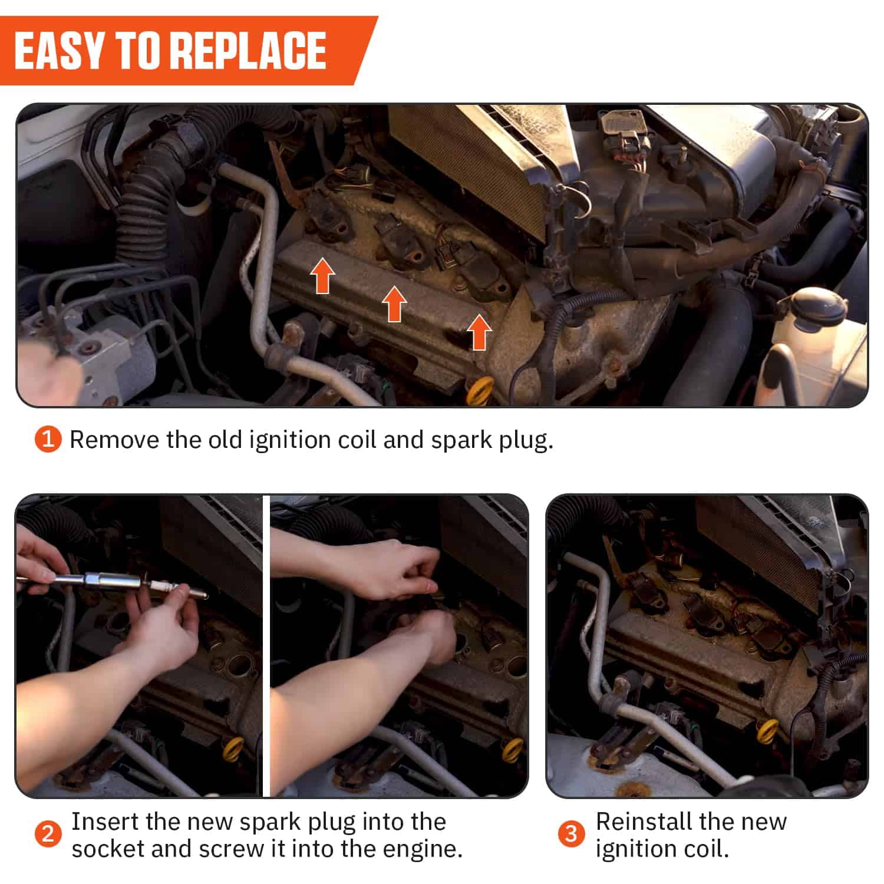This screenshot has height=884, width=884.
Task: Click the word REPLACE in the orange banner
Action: (248, 51)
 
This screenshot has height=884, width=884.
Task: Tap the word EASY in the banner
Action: (60, 51)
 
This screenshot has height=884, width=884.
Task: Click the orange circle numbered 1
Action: (48, 440)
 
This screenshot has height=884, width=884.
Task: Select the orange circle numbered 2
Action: (48, 834)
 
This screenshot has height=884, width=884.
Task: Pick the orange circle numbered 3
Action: (571, 834)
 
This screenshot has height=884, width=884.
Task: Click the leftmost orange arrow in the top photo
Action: (323, 275)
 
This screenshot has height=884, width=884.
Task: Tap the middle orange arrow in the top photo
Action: (394, 304)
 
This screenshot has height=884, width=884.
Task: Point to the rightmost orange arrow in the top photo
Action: (479, 332)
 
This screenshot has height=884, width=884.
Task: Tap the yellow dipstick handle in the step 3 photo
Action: (768, 731)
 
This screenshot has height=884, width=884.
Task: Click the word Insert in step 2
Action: (104, 822)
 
